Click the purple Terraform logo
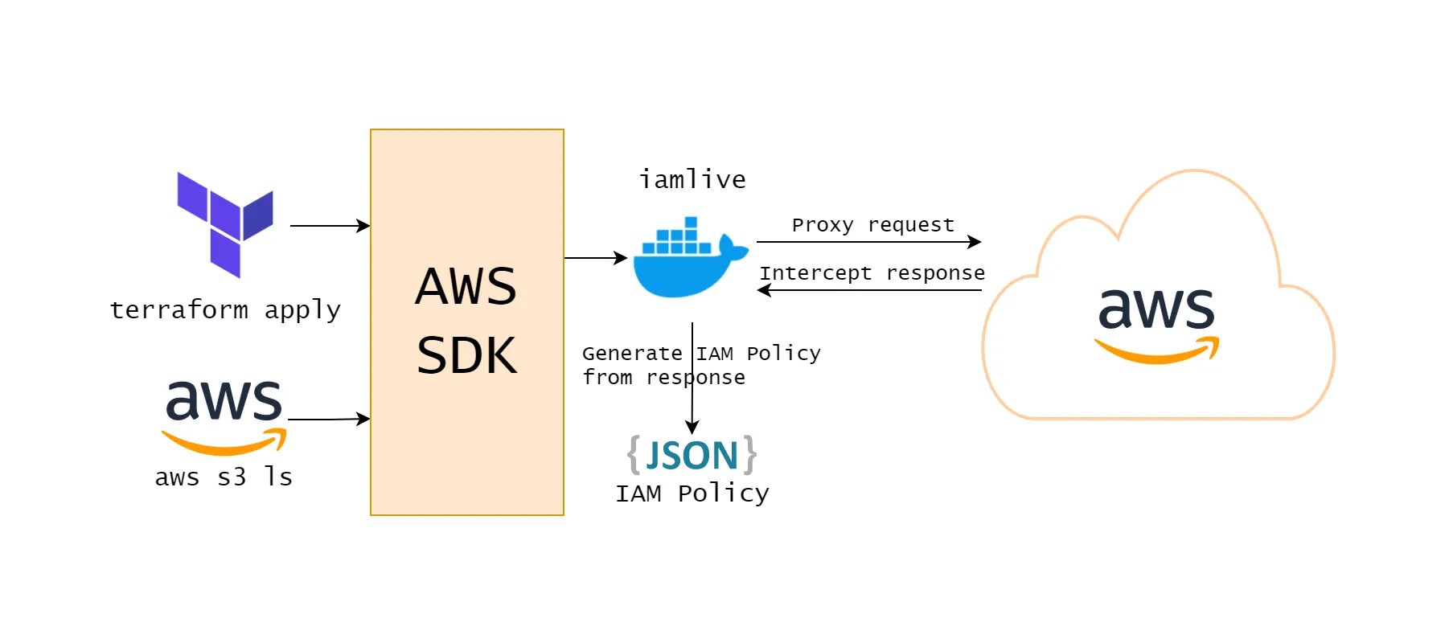click(x=224, y=224)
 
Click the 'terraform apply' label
click(x=225, y=310)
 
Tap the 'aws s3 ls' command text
click(x=224, y=477)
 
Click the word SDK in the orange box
click(x=466, y=355)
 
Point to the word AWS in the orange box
click(x=466, y=287)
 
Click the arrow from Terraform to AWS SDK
click(x=330, y=226)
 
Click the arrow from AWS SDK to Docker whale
click(x=595, y=258)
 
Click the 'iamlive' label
click(x=692, y=179)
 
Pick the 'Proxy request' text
click(x=873, y=225)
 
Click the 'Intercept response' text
click(x=872, y=273)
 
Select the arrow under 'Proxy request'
click(x=868, y=242)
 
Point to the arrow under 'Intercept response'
click(x=868, y=290)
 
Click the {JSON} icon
click(x=692, y=456)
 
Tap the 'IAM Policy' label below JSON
click(x=692, y=494)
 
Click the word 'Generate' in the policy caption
click(x=632, y=354)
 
